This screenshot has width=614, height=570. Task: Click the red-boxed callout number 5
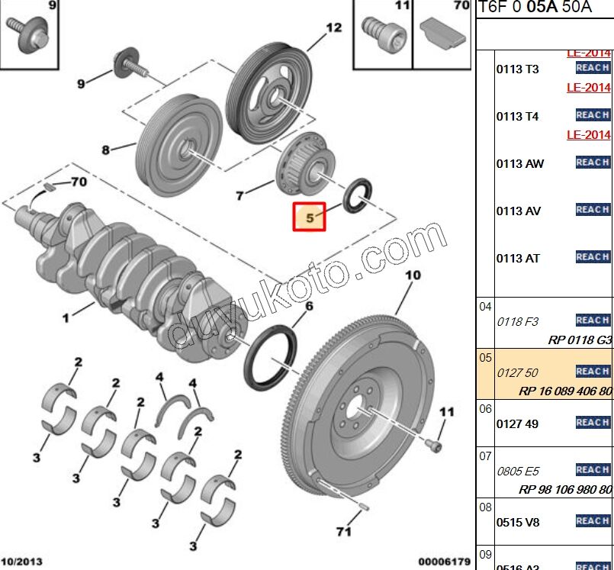(310, 217)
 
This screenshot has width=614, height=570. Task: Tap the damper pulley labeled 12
(269, 91)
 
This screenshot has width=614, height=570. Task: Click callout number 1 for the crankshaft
(66, 317)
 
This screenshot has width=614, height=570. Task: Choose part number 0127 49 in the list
(517, 424)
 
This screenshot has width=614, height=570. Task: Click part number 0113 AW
(520, 163)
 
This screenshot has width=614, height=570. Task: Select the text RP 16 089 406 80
(564, 391)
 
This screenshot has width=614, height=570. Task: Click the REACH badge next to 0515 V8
(593, 520)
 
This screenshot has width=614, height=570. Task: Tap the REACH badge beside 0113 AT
(593, 256)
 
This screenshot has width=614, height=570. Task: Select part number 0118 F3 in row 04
(518, 322)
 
